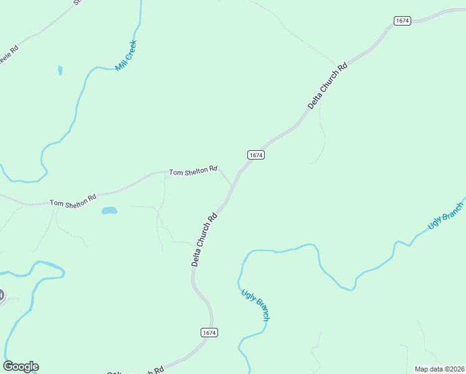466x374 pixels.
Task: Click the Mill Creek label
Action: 126,55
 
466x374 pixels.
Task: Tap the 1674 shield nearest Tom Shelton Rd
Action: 256,155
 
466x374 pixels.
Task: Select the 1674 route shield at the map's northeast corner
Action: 402,21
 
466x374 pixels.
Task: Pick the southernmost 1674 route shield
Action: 209,333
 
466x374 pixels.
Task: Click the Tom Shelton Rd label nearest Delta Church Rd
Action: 193,170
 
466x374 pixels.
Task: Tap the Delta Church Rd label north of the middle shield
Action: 327,86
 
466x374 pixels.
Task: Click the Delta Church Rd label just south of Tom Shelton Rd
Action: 204,239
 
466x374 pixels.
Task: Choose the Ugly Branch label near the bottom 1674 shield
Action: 255,305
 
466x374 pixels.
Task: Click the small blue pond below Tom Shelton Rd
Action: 109,211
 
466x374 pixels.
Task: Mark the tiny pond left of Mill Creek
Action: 60,70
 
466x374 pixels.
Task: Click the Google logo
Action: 21,367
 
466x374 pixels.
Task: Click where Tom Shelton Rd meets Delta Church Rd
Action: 232,186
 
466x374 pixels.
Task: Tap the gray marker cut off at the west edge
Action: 1,295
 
